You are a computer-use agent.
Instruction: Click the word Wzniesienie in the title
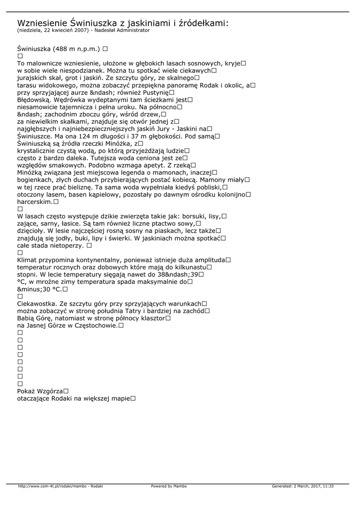pyautogui.click(x=41, y=23)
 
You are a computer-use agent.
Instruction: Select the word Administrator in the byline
pyautogui.click(x=131, y=30)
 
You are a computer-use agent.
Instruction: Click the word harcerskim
pyautogui.click(x=34, y=202)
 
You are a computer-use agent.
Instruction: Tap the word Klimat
pyautogui.click(x=28, y=260)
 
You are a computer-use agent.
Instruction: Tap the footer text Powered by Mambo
pyautogui.click(x=169, y=486)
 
